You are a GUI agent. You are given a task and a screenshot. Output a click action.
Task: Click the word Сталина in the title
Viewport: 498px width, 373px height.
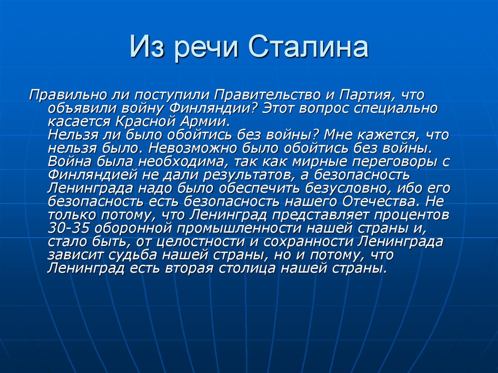click(309, 49)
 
